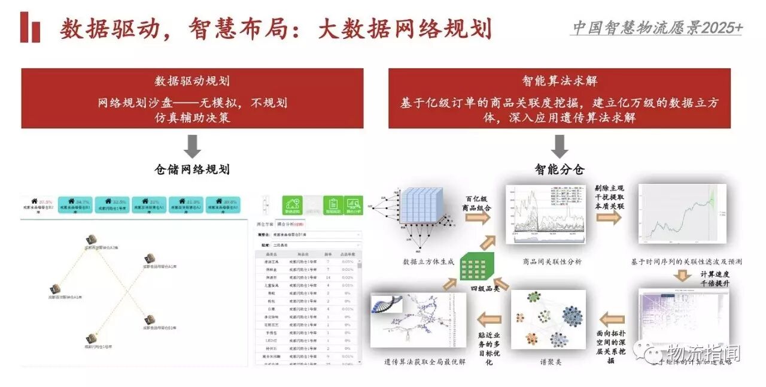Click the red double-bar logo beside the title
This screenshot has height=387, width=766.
coord(30,28)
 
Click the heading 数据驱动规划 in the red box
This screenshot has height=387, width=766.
coord(192,81)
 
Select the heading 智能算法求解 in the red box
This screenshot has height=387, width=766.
coord(560,81)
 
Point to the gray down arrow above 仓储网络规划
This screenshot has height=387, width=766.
coord(192,146)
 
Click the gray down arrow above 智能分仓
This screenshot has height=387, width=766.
coord(560,146)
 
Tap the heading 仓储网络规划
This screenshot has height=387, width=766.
coord(192,170)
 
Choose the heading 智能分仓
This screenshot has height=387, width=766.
coord(560,170)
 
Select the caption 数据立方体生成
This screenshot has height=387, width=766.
coord(428,262)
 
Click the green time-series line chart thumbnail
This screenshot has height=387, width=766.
coord(682,214)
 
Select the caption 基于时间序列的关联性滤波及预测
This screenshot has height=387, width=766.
coord(687,262)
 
